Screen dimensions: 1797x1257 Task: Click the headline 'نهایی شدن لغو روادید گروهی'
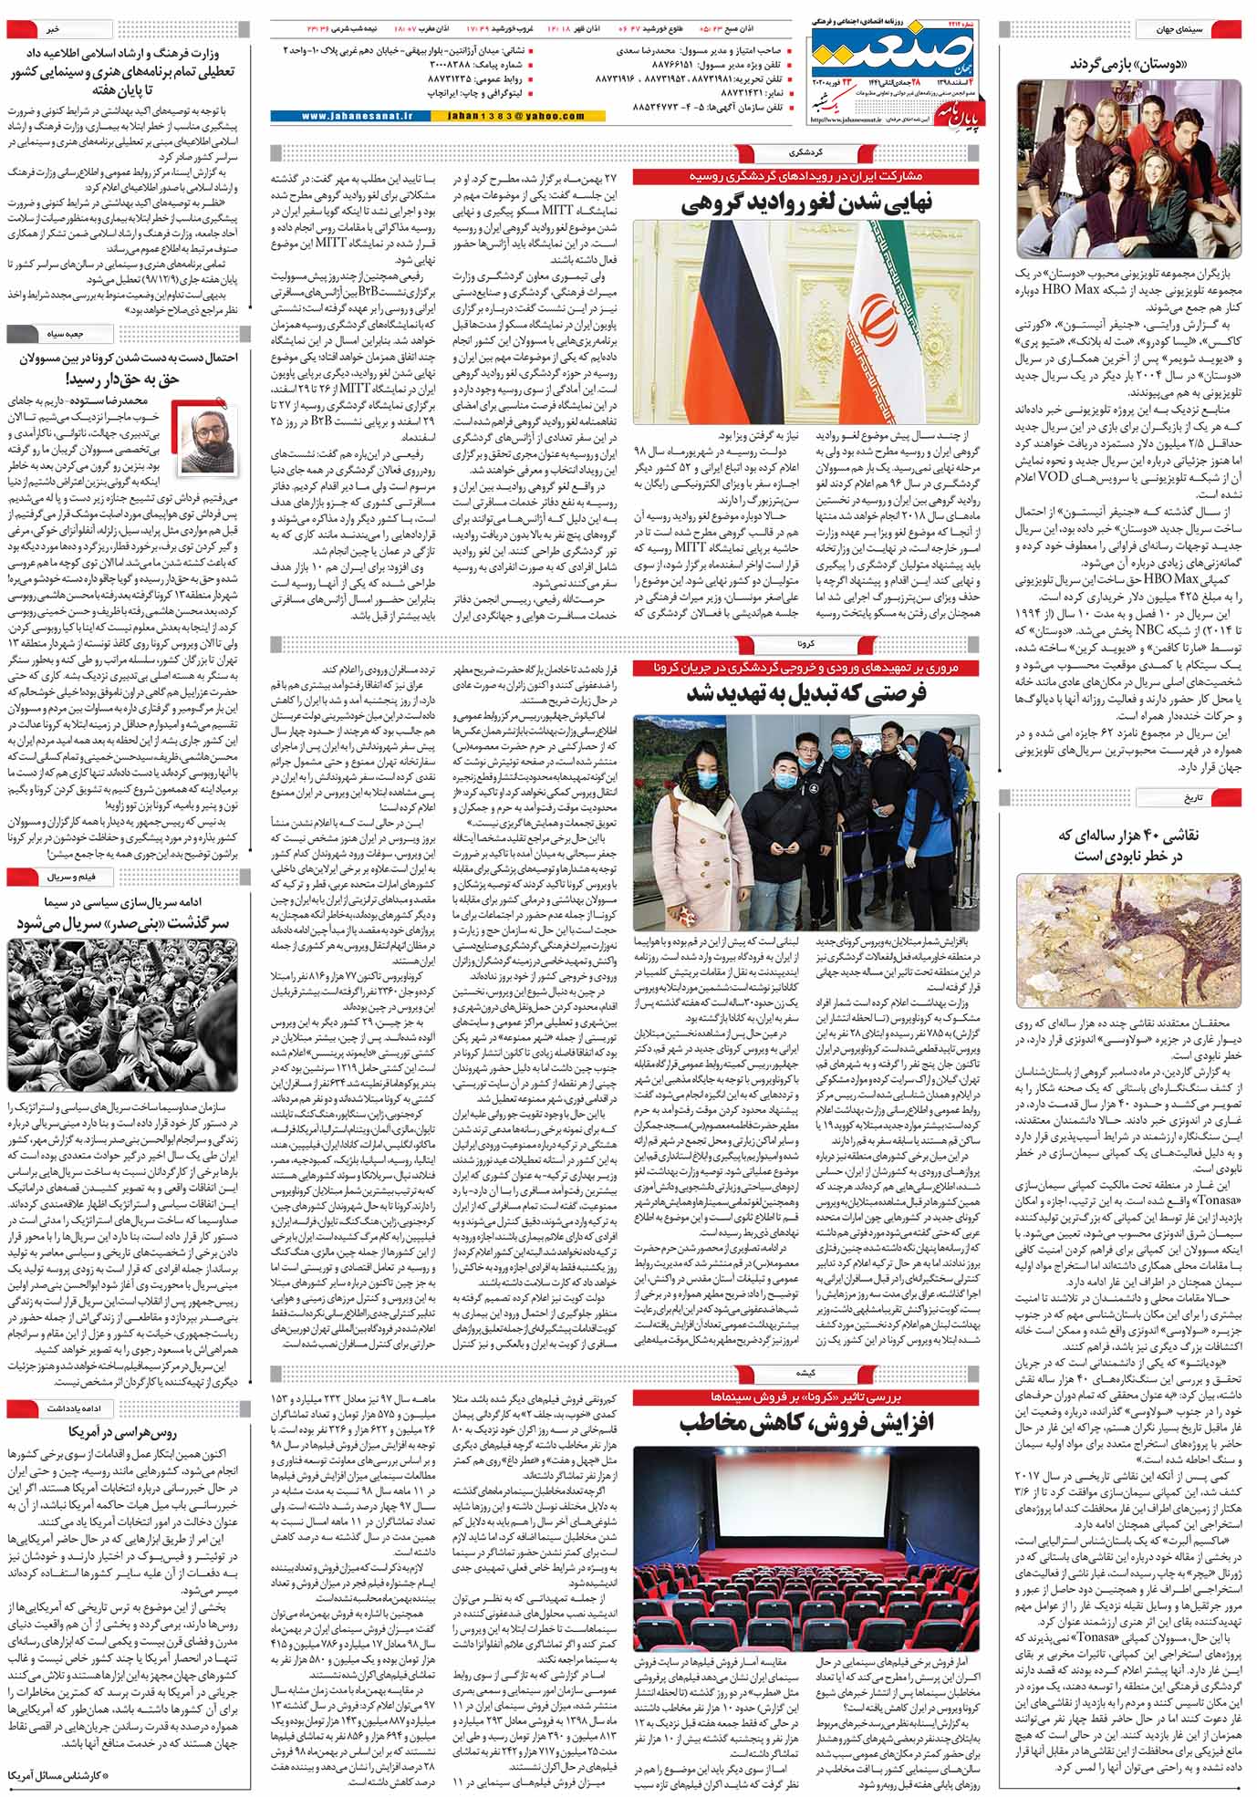tap(805, 204)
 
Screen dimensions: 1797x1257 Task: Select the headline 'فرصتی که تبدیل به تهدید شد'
tap(805, 694)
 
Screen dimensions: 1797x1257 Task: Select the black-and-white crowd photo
tap(122, 1013)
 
